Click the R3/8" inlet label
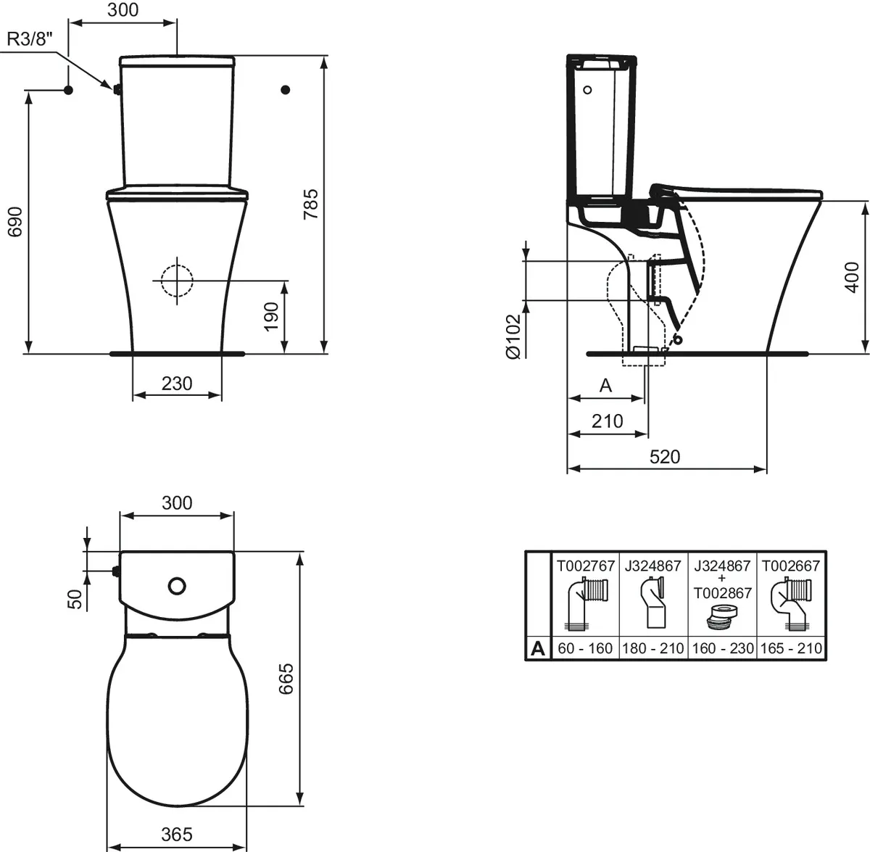[30, 40]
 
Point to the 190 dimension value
[271, 317]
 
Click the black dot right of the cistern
[285, 89]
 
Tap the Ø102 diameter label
[513, 336]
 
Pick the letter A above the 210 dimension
[606, 386]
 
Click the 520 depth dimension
[665, 456]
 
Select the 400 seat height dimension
[852, 277]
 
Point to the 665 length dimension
[287, 678]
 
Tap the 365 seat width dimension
[177, 835]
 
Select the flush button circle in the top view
[176, 585]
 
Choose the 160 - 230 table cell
[723, 648]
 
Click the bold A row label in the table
[537, 648]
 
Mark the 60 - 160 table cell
[585, 648]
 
